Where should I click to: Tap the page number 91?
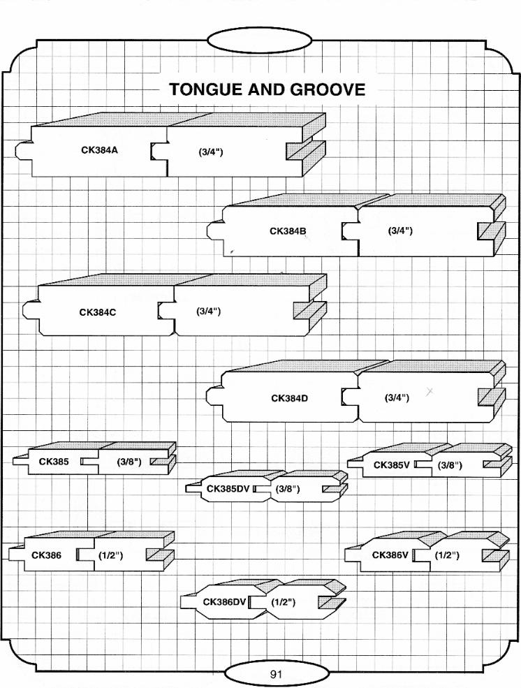[276, 675]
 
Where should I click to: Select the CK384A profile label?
[98, 149]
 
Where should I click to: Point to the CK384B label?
[288, 231]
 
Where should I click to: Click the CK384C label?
[97, 312]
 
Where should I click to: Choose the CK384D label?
[289, 398]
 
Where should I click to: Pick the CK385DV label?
[228, 488]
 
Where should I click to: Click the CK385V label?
[391, 465]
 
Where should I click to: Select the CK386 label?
[46, 555]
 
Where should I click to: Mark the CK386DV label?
[224, 601]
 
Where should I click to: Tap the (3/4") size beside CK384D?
[397, 398]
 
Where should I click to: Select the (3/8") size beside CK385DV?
[288, 488]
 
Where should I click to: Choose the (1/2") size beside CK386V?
[447, 555]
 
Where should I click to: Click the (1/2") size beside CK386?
[110, 555]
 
